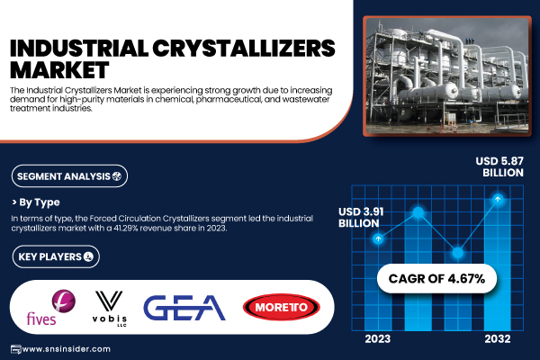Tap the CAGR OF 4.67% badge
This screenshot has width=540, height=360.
(436, 278)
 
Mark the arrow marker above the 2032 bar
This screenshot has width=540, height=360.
(497, 198)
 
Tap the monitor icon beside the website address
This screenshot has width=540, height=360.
(14, 349)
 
